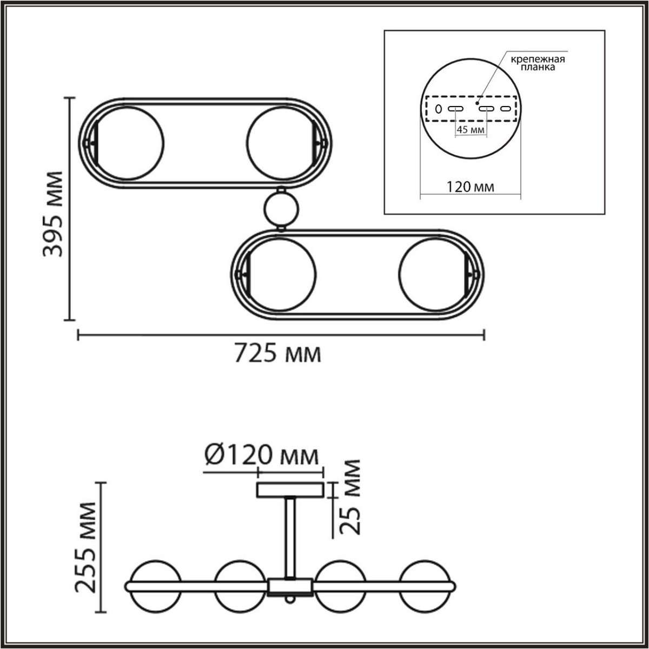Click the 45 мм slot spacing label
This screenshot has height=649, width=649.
pos(470,130)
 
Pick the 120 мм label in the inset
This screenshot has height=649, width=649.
pos(470,187)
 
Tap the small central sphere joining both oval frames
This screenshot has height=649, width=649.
pos(280,209)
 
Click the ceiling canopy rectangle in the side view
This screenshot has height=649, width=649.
pos(290,491)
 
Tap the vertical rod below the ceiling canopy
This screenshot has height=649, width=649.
pos(290,538)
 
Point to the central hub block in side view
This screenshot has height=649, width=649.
pos(290,586)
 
